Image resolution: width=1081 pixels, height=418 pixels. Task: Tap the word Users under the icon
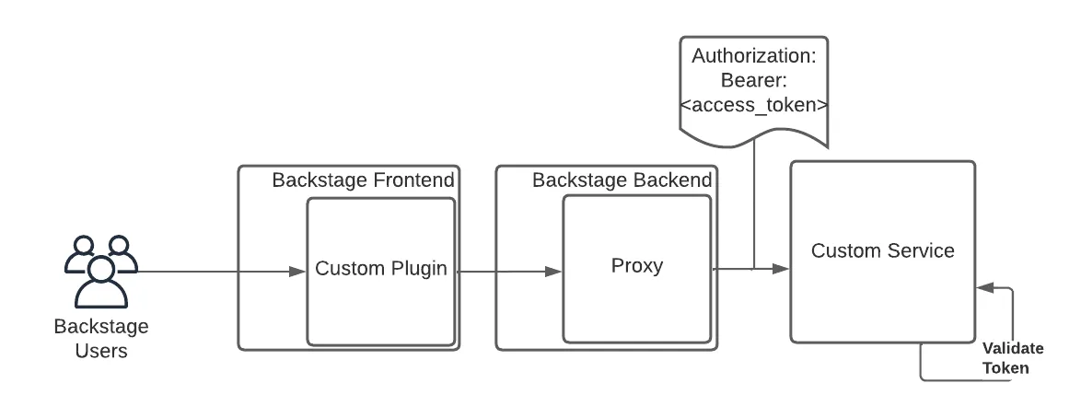click(x=101, y=350)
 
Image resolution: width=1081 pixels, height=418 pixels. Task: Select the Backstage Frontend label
click(x=363, y=180)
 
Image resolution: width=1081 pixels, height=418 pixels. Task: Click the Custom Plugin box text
click(x=380, y=269)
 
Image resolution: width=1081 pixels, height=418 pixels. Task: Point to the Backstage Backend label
click(x=622, y=180)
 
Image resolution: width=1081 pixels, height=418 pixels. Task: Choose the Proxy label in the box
click(x=636, y=266)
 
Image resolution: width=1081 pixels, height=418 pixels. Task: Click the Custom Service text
click(x=882, y=250)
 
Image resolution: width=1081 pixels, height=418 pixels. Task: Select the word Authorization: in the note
click(x=753, y=55)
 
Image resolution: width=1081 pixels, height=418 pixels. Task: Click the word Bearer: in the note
click(x=753, y=80)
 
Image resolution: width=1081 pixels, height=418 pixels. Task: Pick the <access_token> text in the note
click(x=753, y=105)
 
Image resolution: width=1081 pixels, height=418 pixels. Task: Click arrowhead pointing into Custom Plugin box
click(x=297, y=272)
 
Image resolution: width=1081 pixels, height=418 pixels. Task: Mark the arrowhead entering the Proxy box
click(x=554, y=272)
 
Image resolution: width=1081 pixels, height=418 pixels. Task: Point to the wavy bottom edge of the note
click(x=753, y=138)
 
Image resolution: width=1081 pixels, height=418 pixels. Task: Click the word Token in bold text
click(x=1005, y=367)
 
